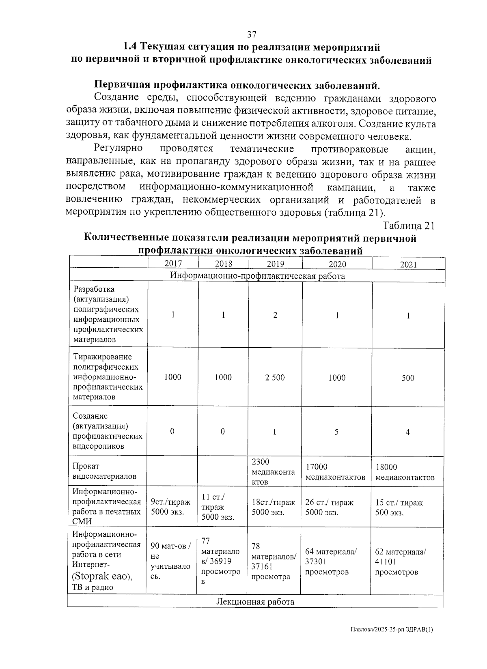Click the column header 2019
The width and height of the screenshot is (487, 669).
coord(275,264)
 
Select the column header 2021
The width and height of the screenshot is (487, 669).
coord(408,265)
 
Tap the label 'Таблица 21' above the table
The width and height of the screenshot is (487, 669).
coord(409,226)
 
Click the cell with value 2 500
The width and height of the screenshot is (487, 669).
coord(275,378)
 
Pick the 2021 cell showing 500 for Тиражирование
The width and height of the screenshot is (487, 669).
coord(407,378)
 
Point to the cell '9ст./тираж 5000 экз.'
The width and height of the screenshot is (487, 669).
coord(170,507)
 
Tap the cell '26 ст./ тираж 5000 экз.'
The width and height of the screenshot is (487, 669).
coord(329,507)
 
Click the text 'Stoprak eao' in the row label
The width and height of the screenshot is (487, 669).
coord(103,576)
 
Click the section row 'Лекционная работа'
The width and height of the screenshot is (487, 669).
coord(255,602)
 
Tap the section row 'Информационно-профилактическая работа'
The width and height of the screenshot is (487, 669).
coord(257,276)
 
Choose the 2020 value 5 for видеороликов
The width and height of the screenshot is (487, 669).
coord(336,432)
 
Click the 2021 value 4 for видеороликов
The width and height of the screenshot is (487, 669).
coord(407,432)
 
